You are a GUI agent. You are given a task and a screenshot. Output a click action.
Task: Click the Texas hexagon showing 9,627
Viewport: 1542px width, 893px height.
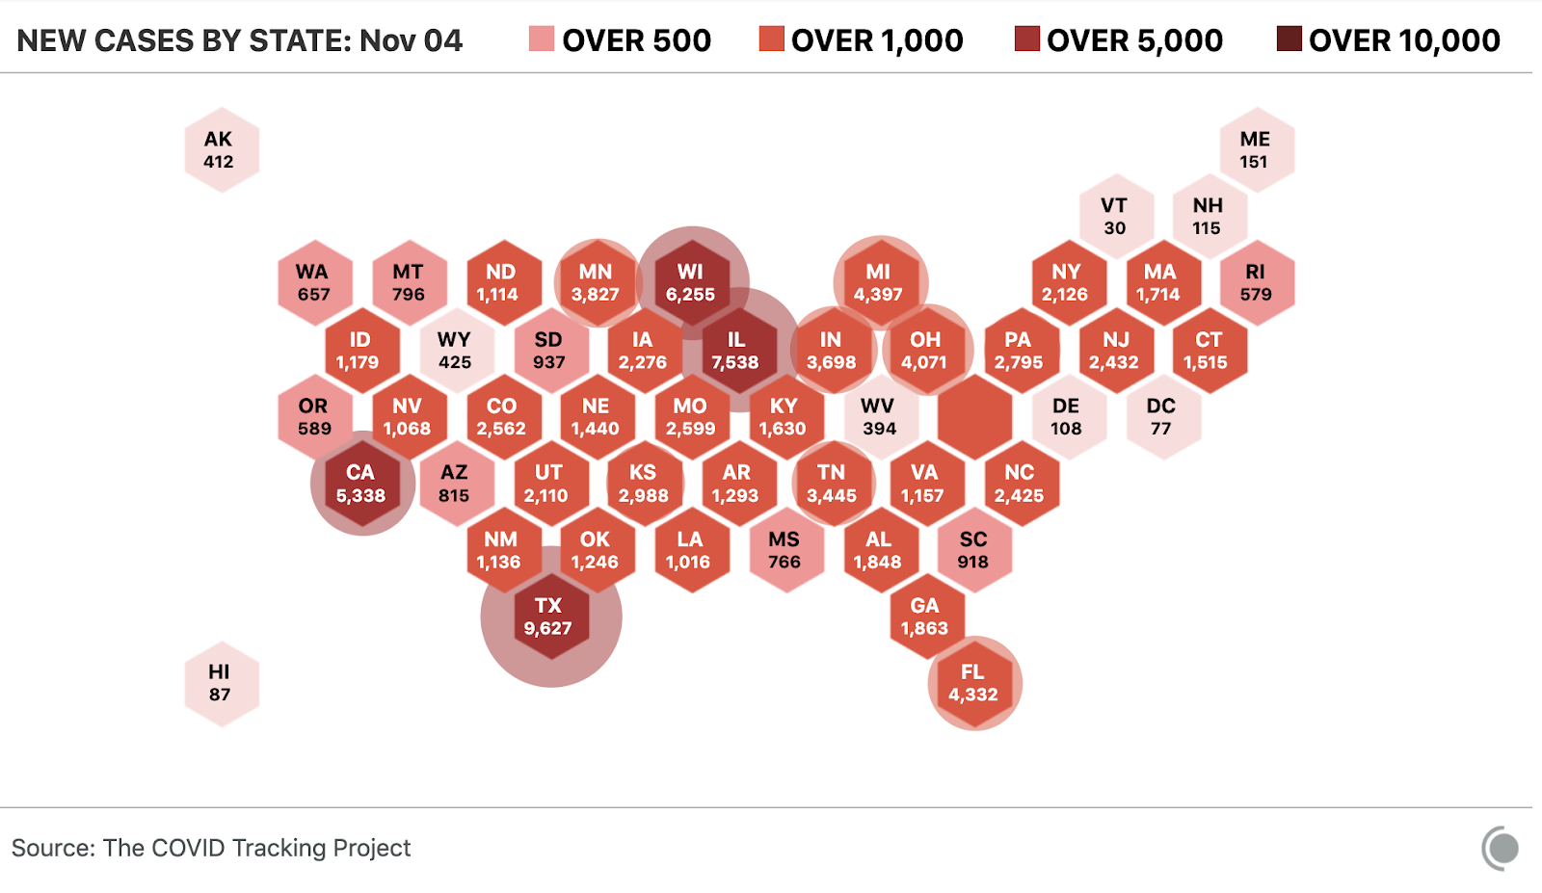tap(549, 617)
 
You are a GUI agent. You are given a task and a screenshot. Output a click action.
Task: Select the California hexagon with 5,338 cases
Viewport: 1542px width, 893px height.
tap(361, 484)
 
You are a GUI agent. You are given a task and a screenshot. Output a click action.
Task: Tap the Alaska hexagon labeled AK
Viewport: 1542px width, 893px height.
tap(221, 150)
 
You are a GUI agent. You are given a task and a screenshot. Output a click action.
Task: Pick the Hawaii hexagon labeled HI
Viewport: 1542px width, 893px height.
tap(221, 683)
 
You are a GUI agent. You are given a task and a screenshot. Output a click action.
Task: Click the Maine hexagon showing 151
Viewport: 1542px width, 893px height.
tap(1256, 150)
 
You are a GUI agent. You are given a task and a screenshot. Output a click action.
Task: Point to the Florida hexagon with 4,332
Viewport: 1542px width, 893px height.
tap(973, 683)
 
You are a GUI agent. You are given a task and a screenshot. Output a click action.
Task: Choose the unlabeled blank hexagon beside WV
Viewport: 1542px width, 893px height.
tap(973, 417)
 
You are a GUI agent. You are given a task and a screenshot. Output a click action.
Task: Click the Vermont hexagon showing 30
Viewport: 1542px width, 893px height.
tap(1115, 217)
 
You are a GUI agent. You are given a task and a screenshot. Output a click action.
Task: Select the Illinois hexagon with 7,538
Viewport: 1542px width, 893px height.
tap(737, 351)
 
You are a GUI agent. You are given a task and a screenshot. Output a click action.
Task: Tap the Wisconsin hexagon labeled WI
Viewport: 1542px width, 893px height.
tap(691, 283)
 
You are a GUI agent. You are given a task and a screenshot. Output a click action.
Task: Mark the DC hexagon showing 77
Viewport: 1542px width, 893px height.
tap(1162, 417)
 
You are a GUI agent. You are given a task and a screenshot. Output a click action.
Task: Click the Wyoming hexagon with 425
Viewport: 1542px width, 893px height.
tap(456, 351)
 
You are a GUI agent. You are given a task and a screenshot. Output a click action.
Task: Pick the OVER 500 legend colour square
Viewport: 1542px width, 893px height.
tap(542, 39)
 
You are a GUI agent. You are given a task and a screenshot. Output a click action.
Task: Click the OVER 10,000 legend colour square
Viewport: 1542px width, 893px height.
tap(1289, 39)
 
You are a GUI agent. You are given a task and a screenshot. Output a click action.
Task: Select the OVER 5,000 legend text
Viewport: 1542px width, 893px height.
tap(1134, 40)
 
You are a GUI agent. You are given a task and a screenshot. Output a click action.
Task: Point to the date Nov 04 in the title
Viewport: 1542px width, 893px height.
tap(411, 40)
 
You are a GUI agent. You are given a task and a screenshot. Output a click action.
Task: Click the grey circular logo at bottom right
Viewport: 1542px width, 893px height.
tap(1501, 849)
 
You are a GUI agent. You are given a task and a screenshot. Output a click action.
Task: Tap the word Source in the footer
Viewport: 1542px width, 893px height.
tap(51, 848)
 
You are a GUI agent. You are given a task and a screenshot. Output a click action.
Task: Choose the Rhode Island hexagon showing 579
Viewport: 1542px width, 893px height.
tap(1256, 283)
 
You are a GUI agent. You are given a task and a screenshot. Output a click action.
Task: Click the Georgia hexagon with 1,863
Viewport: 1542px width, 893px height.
tap(925, 617)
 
